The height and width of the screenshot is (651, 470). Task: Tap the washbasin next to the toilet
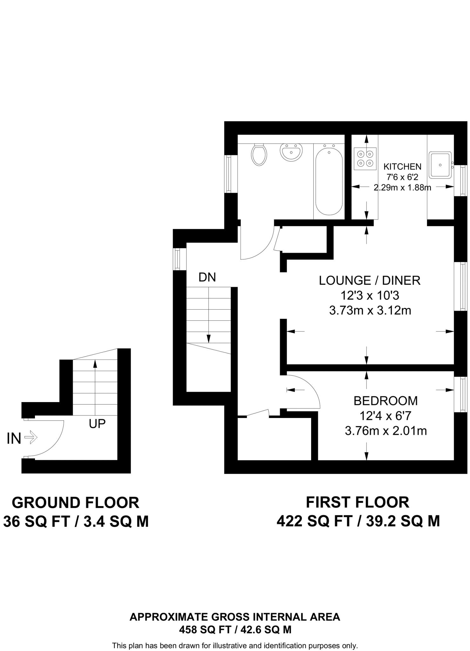(x=290, y=152)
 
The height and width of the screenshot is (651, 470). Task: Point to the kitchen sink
(x=440, y=165)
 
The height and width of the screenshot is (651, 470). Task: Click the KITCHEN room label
(x=402, y=167)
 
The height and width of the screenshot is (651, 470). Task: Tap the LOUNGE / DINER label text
(x=370, y=281)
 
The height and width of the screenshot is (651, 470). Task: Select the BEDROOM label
(x=385, y=401)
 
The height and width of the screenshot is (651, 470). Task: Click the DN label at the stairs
(x=207, y=278)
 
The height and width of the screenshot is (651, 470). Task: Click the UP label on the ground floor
(x=97, y=424)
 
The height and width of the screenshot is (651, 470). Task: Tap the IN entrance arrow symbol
(x=31, y=438)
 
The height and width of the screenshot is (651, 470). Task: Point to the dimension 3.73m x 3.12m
(x=370, y=310)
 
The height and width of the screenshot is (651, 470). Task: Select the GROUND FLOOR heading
(x=76, y=503)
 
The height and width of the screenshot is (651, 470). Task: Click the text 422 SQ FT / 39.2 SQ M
(x=358, y=521)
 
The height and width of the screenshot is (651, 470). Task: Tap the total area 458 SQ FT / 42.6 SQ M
(x=235, y=629)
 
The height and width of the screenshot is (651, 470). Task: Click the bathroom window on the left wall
(x=228, y=174)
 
